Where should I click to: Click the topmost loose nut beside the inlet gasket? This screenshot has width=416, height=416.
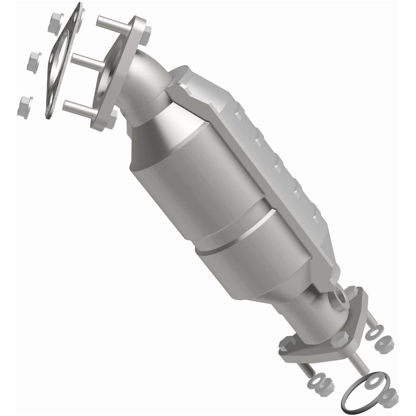pos(56,23)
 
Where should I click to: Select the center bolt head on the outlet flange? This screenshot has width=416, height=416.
pos(340,339)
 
